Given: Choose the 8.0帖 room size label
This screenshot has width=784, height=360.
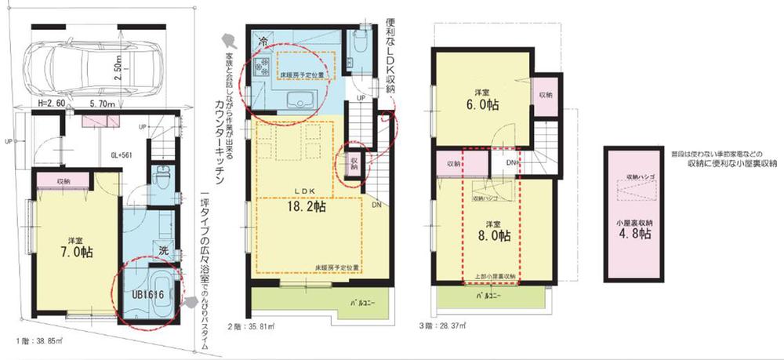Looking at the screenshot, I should pos(492,234).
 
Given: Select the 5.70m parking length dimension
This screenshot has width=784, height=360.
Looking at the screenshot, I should pos(102,104).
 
